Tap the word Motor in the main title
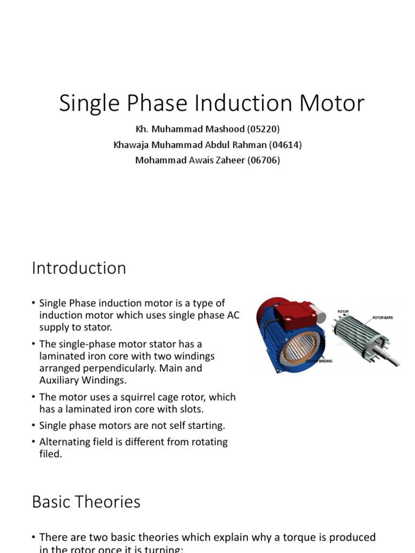click(x=333, y=103)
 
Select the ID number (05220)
click(x=263, y=130)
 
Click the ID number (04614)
click(x=285, y=145)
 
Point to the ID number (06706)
click(x=263, y=160)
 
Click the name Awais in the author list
click(x=204, y=160)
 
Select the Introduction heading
click(x=79, y=268)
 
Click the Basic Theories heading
click(x=86, y=502)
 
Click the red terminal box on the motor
click(x=291, y=314)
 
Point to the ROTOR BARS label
click(x=383, y=318)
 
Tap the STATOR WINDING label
click(x=319, y=360)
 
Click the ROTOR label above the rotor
click(x=343, y=312)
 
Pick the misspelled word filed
click(x=50, y=454)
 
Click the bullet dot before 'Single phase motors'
click(x=34, y=426)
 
